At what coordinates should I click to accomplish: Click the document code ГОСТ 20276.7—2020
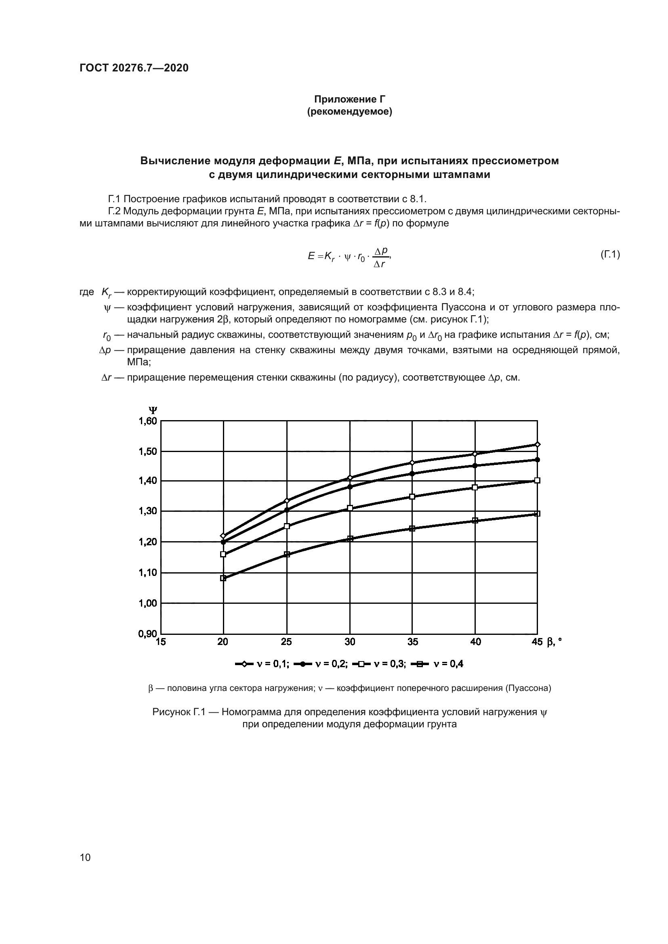(x=134, y=68)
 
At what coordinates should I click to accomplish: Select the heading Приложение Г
(x=349, y=99)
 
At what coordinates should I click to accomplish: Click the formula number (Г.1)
(x=609, y=255)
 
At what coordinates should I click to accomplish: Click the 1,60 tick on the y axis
(x=147, y=421)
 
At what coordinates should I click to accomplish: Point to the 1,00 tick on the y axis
(x=147, y=603)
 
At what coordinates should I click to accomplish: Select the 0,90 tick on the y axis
(x=147, y=634)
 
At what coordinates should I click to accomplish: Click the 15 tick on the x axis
(x=161, y=642)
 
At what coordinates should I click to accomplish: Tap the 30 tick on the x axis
(x=350, y=642)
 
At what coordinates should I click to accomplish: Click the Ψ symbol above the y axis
(x=153, y=410)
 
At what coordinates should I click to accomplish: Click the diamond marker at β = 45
(x=537, y=444)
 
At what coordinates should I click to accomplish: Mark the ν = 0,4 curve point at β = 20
(x=223, y=578)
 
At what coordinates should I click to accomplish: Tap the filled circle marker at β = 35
(x=412, y=474)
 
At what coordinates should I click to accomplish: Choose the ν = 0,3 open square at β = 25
(x=287, y=526)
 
